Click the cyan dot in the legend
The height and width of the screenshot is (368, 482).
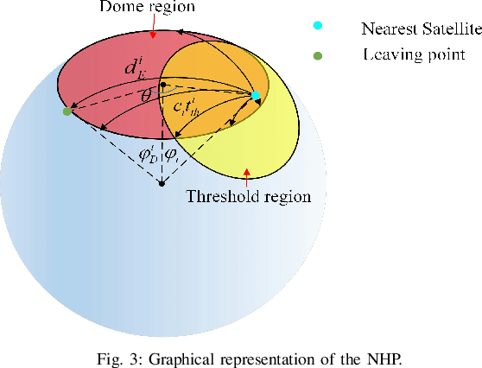[318, 29]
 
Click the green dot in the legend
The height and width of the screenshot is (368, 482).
[318, 55]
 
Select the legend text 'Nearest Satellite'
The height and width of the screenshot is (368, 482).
[420, 29]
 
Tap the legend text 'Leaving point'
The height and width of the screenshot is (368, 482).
[414, 55]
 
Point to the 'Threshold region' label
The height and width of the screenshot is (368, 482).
[249, 197]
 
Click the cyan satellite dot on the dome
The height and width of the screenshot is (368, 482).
[256, 96]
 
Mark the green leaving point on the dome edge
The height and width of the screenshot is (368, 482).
[67, 111]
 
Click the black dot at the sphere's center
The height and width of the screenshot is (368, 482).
[162, 184]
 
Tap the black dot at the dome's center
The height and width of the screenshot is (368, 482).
[162, 85]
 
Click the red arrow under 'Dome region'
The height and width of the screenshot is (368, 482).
[152, 33]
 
